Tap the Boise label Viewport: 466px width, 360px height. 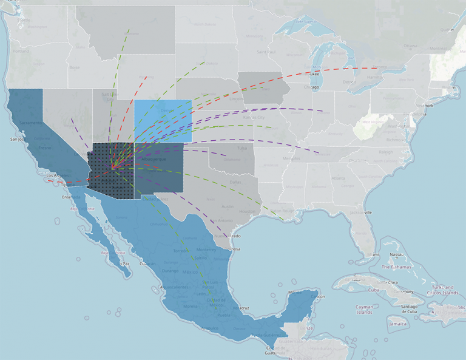pos(74,67)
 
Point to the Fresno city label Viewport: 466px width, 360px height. pos(44,148)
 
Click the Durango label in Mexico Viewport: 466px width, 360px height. pos(171,271)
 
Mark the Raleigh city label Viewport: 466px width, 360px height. pos(387,153)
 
